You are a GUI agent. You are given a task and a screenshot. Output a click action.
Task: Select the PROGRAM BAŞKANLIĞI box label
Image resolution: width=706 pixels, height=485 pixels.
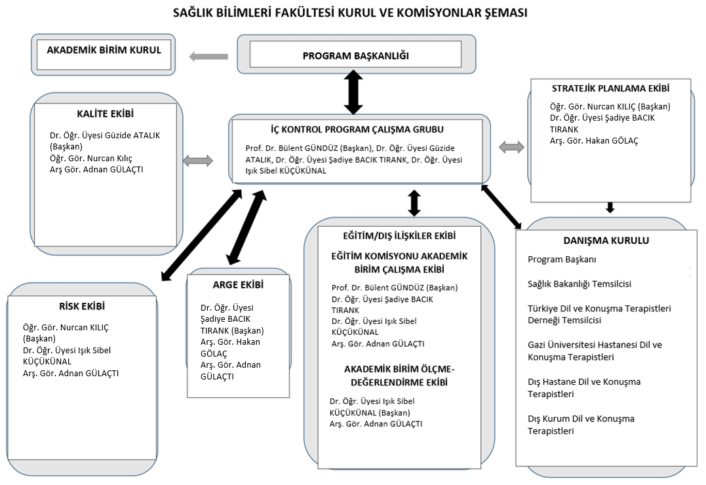coord(356,56)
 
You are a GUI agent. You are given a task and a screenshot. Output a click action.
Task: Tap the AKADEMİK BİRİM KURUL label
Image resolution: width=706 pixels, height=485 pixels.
coord(104,50)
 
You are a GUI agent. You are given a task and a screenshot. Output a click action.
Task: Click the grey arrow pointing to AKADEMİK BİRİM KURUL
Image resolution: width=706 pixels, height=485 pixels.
coord(208,57)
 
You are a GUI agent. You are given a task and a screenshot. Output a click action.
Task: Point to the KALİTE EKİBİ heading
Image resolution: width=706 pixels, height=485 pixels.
coord(106,114)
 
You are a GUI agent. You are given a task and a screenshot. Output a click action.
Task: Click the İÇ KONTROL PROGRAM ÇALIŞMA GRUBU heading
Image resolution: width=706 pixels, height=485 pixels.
coord(357,130)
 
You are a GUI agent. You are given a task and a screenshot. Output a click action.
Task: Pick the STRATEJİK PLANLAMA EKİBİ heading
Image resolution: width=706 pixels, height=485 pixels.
coord(610,88)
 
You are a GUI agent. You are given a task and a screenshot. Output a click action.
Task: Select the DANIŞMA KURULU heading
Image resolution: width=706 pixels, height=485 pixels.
coord(606,241)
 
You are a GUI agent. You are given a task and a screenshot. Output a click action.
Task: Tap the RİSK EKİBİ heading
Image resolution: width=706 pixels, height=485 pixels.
coord(82,306)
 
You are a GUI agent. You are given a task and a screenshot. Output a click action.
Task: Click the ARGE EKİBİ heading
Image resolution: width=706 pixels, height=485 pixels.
coord(238,284)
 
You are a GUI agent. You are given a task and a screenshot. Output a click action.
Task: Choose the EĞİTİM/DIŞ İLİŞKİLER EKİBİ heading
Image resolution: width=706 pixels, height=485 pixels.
coord(399,236)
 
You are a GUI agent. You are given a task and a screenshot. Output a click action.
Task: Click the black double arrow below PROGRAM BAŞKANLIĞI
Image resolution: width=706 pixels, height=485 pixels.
coord(353,92)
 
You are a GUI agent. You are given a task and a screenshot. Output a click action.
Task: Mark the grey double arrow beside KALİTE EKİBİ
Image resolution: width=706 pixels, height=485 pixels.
coord(198,161)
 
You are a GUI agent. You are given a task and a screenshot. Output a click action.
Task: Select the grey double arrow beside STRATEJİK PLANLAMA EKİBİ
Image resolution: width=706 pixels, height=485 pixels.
coord(511,147)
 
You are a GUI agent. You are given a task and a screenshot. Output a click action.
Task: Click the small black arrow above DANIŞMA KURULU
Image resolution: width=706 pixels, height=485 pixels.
coord(610,207)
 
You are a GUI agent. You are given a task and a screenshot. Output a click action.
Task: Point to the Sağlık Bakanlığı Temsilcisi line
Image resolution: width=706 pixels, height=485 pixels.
coord(579,284)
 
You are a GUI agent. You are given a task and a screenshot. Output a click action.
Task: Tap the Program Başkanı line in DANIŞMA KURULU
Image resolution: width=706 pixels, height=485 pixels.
coord(562,260)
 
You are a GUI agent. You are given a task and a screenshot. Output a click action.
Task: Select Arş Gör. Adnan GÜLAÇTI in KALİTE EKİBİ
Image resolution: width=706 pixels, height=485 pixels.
coord(96,170)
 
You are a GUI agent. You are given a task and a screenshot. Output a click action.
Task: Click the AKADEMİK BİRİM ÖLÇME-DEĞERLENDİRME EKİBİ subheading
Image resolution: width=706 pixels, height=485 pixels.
coord(399,376)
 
